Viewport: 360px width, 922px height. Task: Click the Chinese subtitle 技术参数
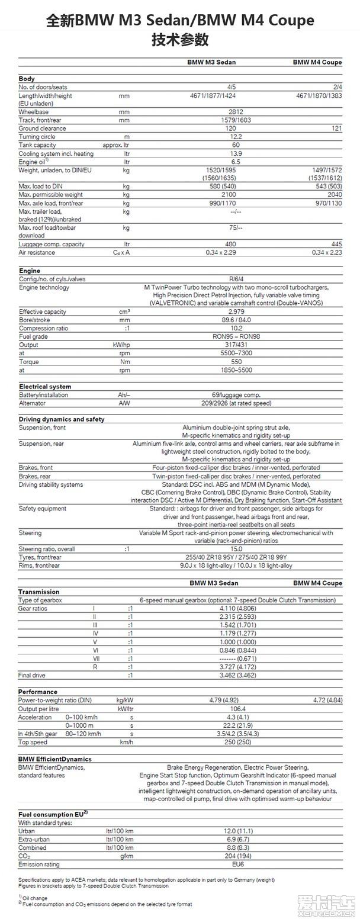point(180,40)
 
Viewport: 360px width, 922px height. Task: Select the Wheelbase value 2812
point(236,112)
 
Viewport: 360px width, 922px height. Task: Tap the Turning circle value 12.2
point(236,137)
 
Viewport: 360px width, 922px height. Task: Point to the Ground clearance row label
point(42,128)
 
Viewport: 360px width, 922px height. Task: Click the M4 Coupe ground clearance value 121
point(337,128)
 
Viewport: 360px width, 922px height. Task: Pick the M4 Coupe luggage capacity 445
point(336,244)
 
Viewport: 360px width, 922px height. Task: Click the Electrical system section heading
point(45,387)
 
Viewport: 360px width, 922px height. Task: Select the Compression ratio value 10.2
point(236,329)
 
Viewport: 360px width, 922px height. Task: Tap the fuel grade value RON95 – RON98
point(236,337)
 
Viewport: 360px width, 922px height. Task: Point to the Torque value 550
point(236,362)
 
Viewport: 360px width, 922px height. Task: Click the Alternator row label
point(33,403)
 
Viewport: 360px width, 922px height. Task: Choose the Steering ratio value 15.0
point(236,549)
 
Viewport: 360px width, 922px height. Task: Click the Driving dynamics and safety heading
point(62,419)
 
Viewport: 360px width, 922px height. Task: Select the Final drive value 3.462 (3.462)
point(236,675)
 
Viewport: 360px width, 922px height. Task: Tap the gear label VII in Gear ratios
point(96,658)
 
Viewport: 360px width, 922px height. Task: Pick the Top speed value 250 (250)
point(236,742)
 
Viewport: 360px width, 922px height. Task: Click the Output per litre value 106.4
point(236,709)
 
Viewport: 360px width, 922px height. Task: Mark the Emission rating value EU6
point(236,865)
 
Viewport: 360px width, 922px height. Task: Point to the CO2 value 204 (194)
point(236,856)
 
